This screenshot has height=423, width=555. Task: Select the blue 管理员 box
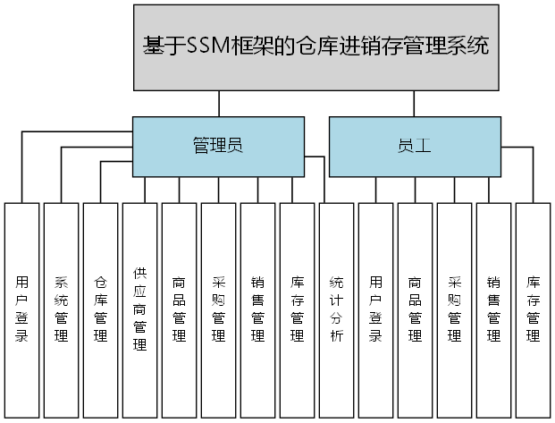pos(218,146)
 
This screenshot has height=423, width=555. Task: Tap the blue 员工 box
pos(414,146)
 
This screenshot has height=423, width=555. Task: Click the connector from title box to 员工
pos(414,103)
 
